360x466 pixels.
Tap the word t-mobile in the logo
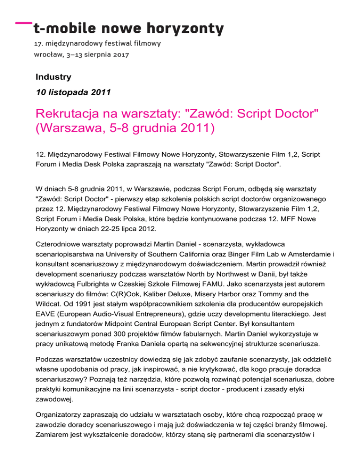(x=64, y=29)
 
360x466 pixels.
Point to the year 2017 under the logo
(x=120, y=55)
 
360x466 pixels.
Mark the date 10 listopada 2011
(x=73, y=92)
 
